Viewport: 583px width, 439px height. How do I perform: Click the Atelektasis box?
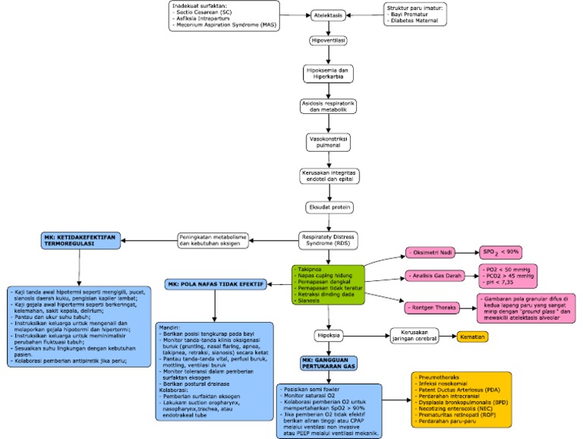click(328, 14)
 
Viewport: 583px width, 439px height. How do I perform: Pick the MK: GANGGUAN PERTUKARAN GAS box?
click(327, 364)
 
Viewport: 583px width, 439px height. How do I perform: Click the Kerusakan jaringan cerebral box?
click(415, 335)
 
